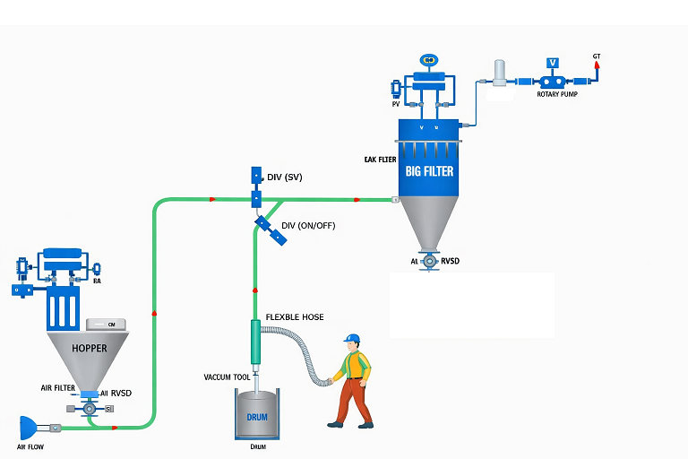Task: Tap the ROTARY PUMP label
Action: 556,93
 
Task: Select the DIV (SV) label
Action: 285,178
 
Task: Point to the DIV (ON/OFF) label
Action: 308,225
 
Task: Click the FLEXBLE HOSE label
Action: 295,318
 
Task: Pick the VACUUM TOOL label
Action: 228,377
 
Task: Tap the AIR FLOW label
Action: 30,446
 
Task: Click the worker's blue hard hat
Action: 353,339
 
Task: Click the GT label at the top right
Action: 597,56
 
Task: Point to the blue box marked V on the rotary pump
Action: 553,63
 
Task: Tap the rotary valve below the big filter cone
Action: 430,261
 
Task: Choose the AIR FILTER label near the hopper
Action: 58,388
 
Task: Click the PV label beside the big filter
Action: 395,104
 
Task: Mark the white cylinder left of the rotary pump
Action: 499,73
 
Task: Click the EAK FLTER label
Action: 381,160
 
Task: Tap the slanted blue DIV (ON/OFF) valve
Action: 270,229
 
